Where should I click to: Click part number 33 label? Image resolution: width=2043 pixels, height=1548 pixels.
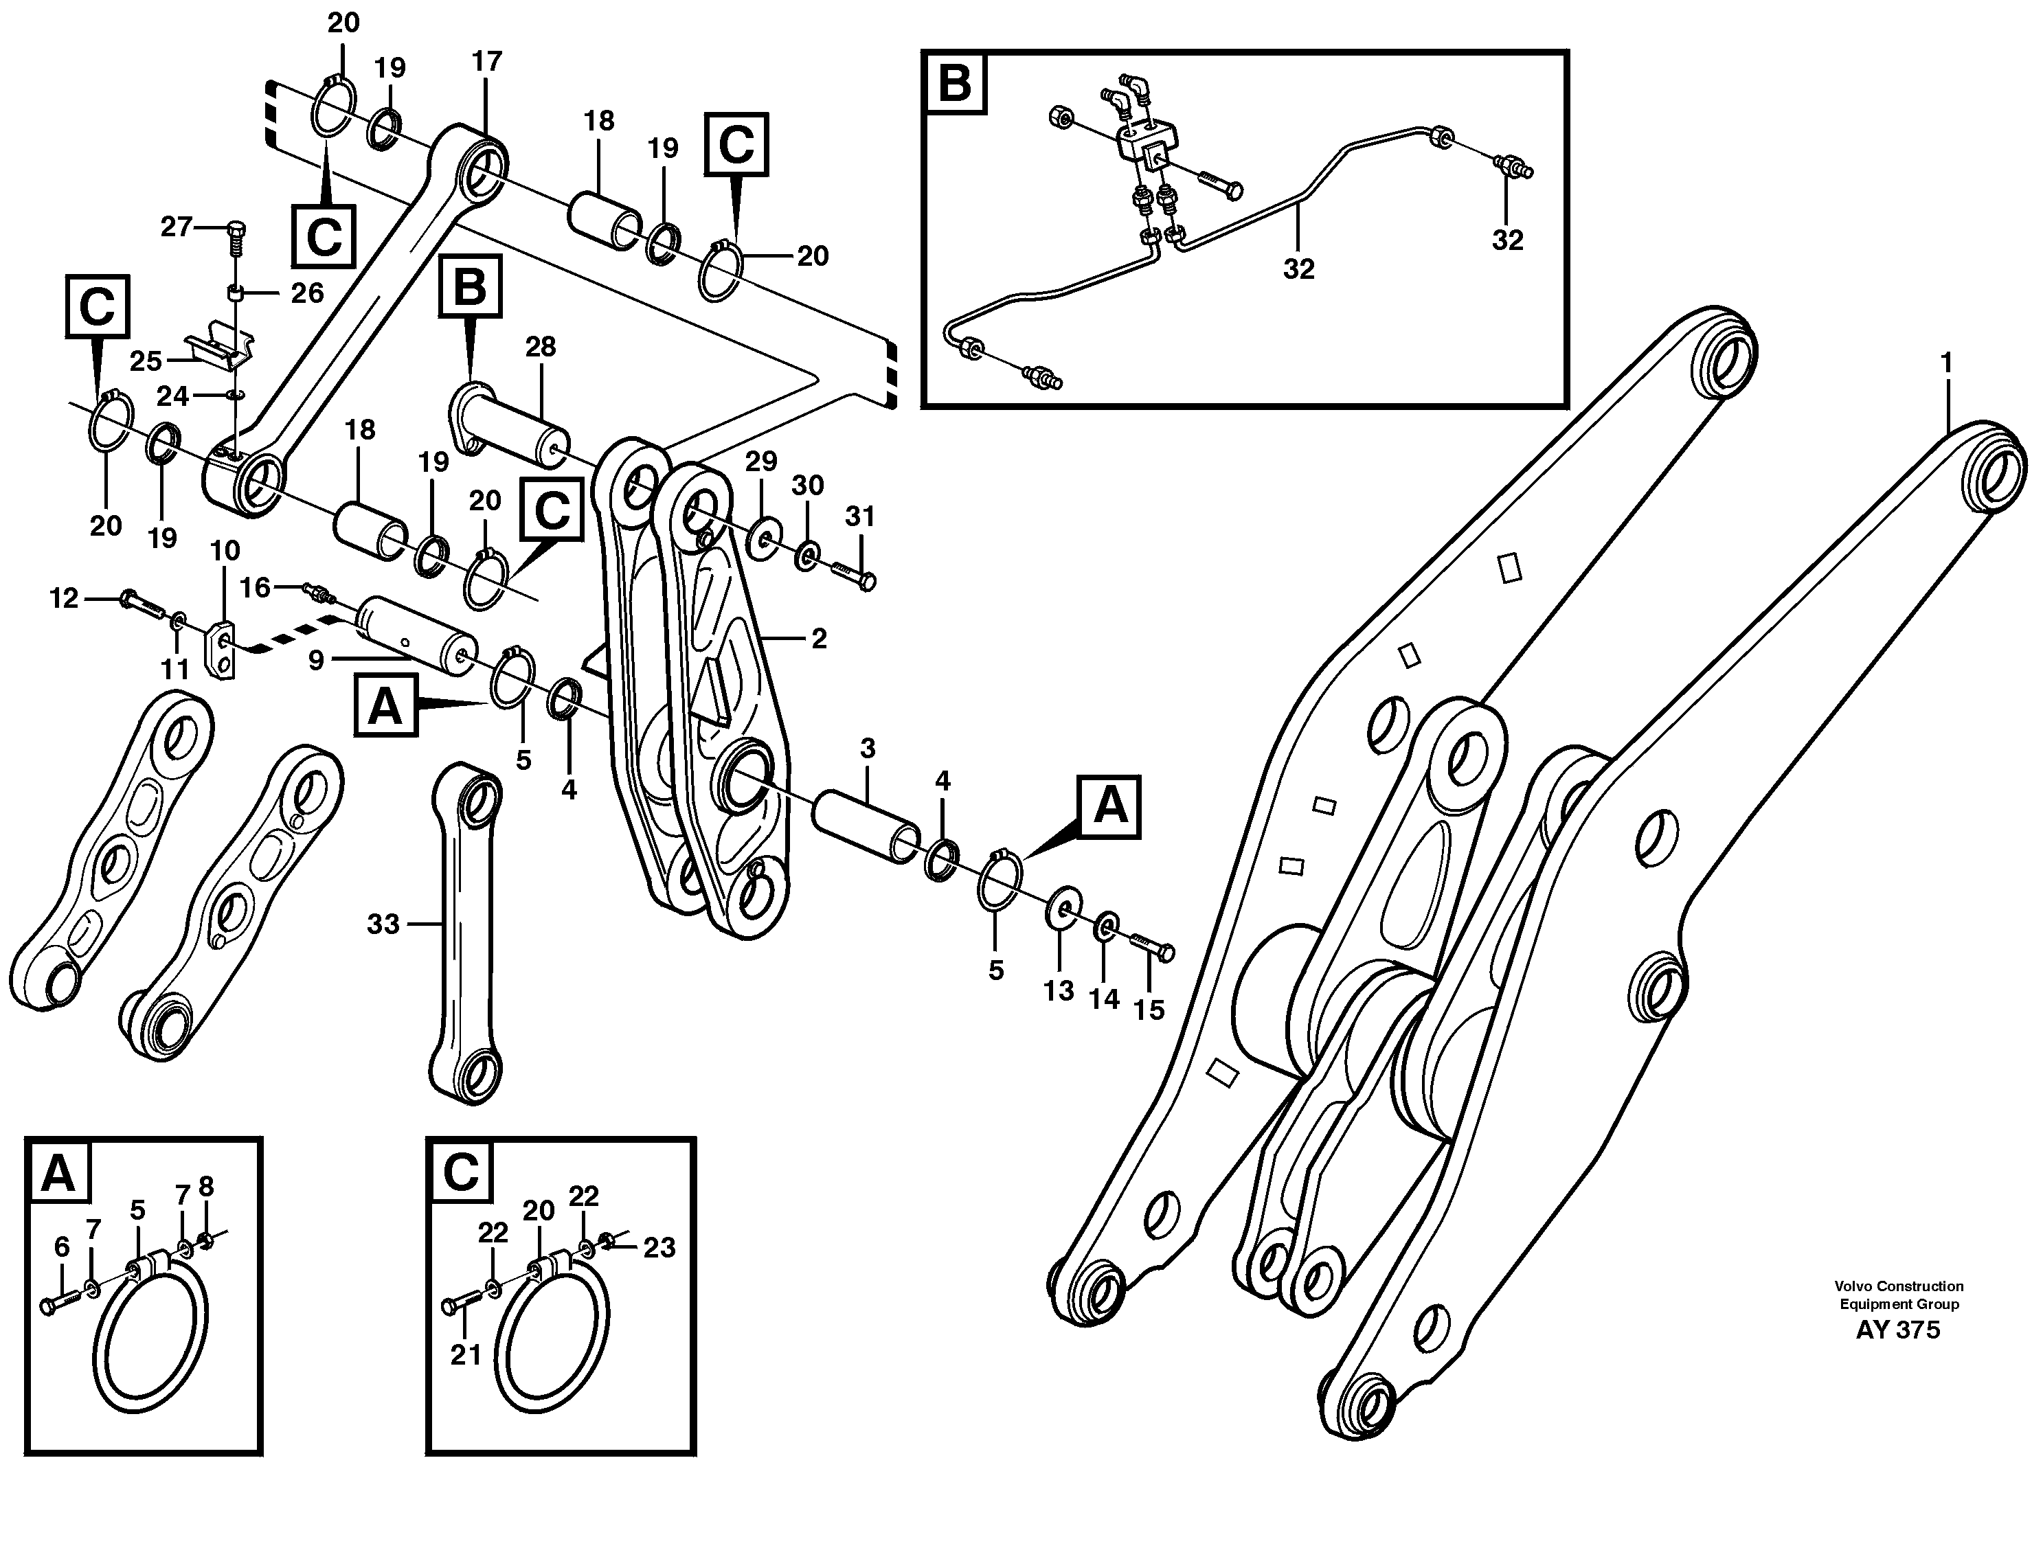point(383,923)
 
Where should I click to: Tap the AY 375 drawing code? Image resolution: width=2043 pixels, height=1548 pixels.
point(1899,1331)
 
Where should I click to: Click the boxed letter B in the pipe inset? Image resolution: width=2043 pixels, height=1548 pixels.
point(954,83)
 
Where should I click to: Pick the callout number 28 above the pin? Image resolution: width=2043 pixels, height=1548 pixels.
point(541,348)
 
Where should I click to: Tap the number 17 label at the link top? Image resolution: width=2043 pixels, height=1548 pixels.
point(487,61)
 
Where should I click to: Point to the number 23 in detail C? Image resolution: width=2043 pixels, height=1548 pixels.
point(659,1248)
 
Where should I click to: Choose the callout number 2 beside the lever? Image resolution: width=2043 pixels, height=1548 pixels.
point(818,638)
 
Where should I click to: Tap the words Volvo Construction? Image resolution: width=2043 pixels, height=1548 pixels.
point(1899,1286)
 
